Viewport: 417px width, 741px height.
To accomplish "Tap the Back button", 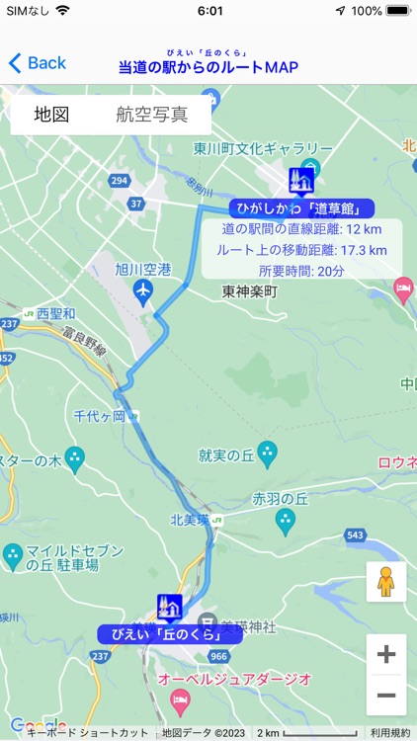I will tap(38, 63).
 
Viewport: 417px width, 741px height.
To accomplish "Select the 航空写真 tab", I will tap(151, 115).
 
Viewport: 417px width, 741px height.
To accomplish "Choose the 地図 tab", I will tap(51, 115).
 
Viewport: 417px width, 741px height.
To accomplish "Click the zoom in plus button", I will tap(386, 654).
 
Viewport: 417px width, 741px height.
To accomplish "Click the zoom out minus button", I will tap(386, 695).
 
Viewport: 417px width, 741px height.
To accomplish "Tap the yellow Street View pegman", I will tap(386, 582).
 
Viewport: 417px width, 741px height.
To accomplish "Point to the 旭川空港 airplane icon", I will tap(143, 291).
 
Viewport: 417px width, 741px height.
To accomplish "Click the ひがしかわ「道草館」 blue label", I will tap(302, 208).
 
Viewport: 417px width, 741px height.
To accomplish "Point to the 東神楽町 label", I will tap(250, 291).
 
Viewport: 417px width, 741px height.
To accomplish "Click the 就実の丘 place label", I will tap(226, 455).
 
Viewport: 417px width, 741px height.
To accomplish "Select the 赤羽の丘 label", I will tap(274, 499).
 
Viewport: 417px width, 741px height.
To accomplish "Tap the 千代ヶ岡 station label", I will tap(100, 417).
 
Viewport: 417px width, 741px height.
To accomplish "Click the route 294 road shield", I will tap(120, 181).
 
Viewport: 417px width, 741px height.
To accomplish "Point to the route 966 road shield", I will tap(219, 656).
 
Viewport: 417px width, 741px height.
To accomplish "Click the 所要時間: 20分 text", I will tap(301, 271).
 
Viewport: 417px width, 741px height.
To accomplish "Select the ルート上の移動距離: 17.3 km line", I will tap(301, 250).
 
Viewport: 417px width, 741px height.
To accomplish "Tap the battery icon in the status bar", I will tap(397, 11).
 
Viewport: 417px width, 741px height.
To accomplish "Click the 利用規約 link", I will tap(390, 733).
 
